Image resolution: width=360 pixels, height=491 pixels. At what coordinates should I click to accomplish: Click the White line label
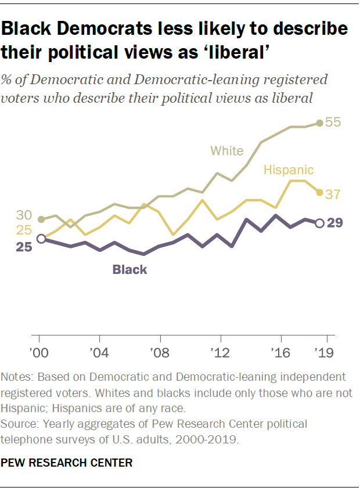pos(226,151)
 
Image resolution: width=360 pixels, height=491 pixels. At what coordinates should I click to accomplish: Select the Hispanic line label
pos(288,169)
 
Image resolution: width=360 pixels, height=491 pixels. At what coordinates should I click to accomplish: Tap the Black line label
pos(129,269)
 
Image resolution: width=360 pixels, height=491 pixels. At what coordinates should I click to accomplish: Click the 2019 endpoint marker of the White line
pos(319,123)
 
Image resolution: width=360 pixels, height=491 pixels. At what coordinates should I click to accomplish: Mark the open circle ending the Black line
pos(319,223)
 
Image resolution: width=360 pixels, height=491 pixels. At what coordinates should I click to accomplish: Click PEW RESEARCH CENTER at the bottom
pos(67,463)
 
